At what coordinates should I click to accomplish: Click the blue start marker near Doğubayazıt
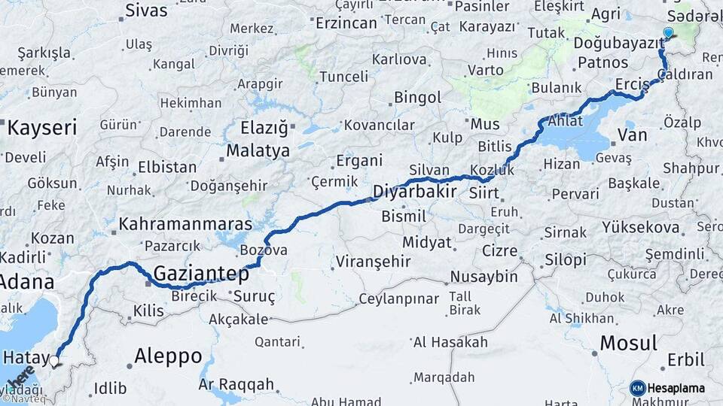(x=668, y=32)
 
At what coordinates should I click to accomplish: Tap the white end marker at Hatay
(x=54, y=362)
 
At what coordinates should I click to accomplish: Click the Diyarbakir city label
(x=415, y=191)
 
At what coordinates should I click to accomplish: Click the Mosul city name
(x=627, y=344)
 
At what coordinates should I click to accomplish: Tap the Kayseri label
(x=42, y=127)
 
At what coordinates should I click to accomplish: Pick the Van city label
(x=632, y=135)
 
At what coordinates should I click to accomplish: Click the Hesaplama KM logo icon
(x=638, y=388)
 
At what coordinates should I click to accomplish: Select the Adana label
(x=26, y=282)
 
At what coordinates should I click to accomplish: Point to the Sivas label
(x=146, y=11)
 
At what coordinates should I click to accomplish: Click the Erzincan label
(x=346, y=23)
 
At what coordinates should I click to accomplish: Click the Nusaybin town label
(x=484, y=276)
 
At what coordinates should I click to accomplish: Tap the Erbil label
(x=686, y=360)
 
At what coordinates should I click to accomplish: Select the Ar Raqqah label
(x=236, y=384)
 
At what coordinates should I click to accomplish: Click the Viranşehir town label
(x=374, y=262)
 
